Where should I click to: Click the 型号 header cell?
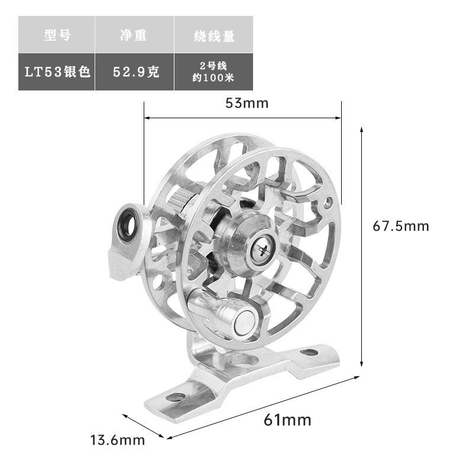click(57, 35)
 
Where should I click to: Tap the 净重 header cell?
click(134, 35)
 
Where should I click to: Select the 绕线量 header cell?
click(213, 35)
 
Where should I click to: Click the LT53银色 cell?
click(57, 72)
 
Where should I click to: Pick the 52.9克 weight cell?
click(134, 72)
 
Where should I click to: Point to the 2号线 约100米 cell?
click(213, 72)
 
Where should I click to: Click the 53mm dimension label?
click(247, 103)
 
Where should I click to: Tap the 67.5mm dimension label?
click(400, 226)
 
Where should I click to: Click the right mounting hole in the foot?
click(308, 352)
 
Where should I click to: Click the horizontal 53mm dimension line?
click(242, 118)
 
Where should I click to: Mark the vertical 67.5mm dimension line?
click(361, 248)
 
